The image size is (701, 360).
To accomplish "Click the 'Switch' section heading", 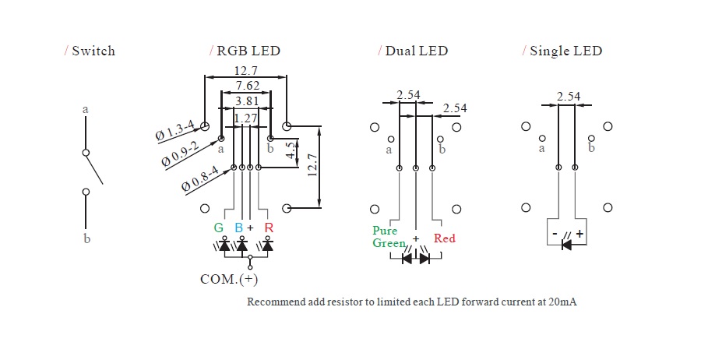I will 93,51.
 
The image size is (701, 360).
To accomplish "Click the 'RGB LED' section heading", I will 248,51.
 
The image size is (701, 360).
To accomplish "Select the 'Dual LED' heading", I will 416,51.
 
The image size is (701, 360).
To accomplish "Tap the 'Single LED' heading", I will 565,51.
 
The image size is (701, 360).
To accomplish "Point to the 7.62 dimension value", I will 247,86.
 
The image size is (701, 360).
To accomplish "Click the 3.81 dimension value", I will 247,101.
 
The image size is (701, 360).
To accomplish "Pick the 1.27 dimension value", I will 246,118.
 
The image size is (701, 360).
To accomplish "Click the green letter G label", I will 219,228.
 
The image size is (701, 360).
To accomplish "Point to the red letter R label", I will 269,228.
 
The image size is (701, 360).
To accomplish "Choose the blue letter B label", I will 239,228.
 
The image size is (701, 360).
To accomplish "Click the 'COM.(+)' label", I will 229,278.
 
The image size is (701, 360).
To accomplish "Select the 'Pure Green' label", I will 386,237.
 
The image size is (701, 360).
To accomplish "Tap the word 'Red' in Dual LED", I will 445,238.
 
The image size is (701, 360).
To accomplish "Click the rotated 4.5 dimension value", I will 291,151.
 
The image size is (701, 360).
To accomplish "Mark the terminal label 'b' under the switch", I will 86,238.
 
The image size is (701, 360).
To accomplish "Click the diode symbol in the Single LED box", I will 566,244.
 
